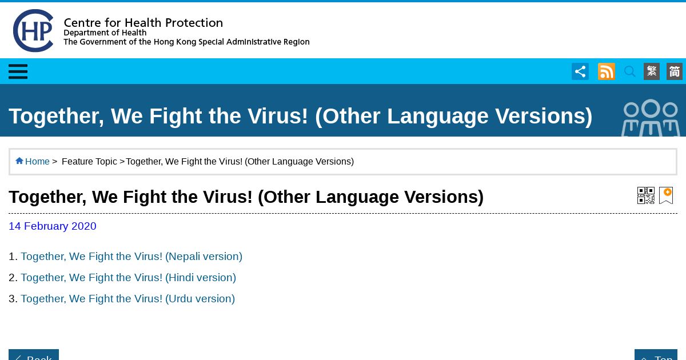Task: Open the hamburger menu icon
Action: (x=18, y=71)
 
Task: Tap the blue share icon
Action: (x=580, y=71)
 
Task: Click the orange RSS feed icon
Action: (x=607, y=71)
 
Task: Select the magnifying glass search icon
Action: (x=629, y=71)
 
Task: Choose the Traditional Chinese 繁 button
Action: (x=651, y=71)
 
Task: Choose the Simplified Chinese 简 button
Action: (x=675, y=71)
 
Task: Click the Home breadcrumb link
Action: (x=37, y=161)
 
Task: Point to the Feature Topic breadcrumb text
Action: (x=89, y=161)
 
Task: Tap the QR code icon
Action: (x=646, y=195)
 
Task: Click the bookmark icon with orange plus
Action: (x=666, y=195)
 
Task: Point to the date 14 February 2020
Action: (x=53, y=226)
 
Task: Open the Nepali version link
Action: (x=131, y=256)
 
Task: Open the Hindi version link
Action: (x=128, y=277)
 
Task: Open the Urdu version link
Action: (x=127, y=298)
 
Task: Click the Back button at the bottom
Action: (x=34, y=355)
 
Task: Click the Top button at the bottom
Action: (x=656, y=355)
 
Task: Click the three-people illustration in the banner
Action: (x=651, y=118)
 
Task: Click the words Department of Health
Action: (x=105, y=33)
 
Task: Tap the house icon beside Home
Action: (x=19, y=161)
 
